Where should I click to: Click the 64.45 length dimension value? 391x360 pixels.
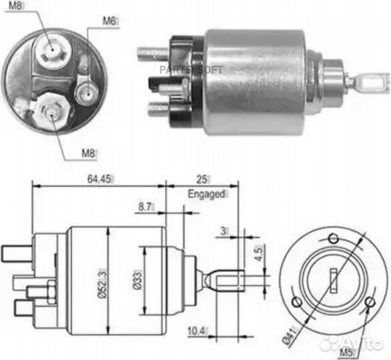click(x=99, y=179)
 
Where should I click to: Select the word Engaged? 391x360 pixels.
click(x=206, y=194)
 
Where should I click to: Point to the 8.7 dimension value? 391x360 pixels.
click(x=145, y=207)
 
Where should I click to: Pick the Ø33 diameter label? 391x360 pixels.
click(x=137, y=279)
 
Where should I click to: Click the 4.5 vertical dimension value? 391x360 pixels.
click(x=260, y=253)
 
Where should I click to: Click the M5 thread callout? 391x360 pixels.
click(x=346, y=353)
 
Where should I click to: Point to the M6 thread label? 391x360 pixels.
click(x=109, y=21)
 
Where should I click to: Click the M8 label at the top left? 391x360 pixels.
click(x=15, y=6)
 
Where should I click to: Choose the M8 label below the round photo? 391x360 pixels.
click(x=88, y=153)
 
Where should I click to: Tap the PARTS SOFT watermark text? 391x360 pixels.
click(x=191, y=70)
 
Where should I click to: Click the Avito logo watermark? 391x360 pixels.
click(x=351, y=344)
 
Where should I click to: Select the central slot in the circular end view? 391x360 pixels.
click(x=334, y=280)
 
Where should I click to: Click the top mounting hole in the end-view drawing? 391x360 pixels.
click(x=334, y=239)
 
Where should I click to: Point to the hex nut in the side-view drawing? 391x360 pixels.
click(x=51, y=292)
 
